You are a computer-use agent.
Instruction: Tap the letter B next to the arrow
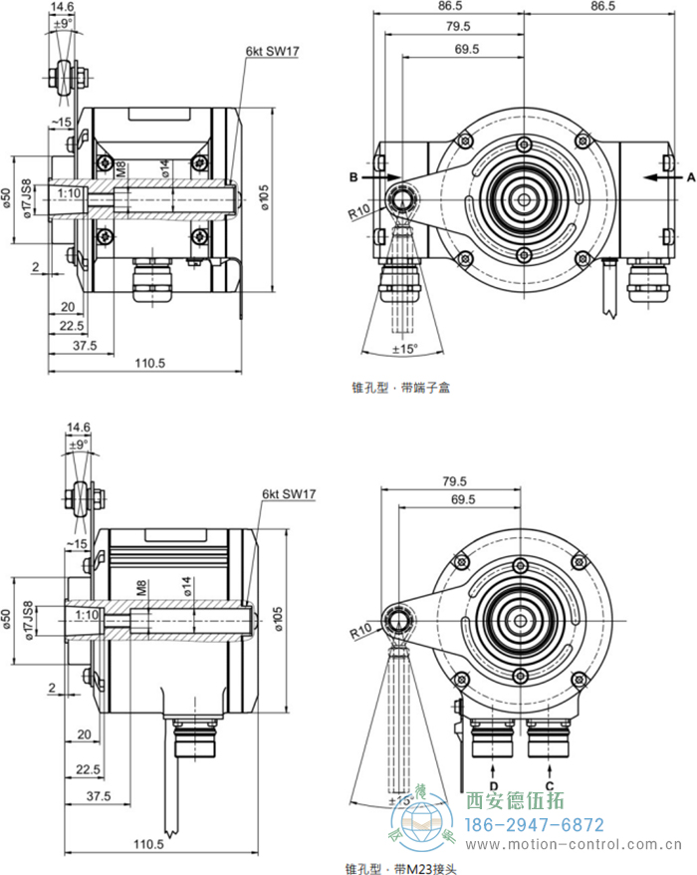click(352, 176)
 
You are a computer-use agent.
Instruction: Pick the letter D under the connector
click(494, 785)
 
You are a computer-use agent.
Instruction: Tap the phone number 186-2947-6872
click(536, 824)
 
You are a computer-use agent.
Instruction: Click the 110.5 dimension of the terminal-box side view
click(149, 363)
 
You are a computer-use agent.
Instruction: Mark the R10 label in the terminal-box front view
click(359, 212)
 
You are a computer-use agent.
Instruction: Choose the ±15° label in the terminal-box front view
click(404, 349)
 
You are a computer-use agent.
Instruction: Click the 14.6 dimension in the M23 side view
click(78, 427)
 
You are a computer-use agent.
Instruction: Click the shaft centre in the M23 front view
click(520, 625)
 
